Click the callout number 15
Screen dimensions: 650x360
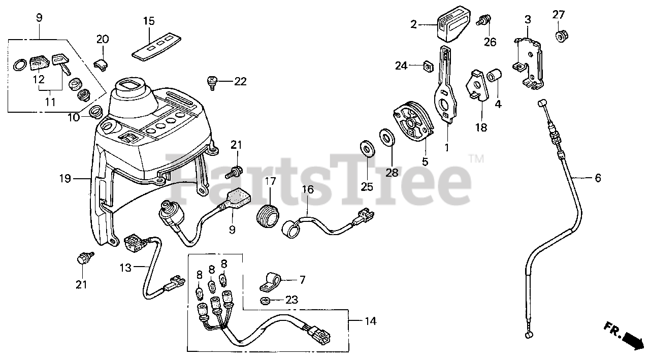click(x=148, y=21)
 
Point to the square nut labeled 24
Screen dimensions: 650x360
click(x=428, y=66)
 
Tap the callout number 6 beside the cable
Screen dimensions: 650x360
click(x=598, y=178)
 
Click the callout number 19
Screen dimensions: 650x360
click(x=64, y=178)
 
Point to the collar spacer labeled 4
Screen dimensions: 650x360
click(x=495, y=77)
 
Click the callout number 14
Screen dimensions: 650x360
click(x=371, y=321)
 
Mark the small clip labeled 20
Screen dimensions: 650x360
click(x=102, y=63)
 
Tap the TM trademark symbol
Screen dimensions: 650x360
click(x=476, y=159)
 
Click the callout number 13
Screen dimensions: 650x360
click(x=126, y=268)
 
